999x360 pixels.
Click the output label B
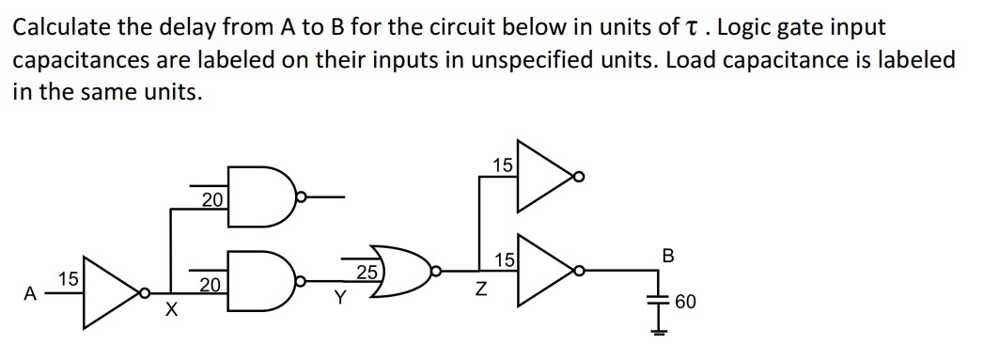[x=668, y=255]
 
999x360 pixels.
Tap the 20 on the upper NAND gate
[x=212, y=198]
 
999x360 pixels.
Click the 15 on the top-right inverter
[x=503, y=165]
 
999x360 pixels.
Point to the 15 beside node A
[x=68, y=278]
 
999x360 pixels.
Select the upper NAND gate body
[x=262, y=197]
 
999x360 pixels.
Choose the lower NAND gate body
[x=262, y=280]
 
